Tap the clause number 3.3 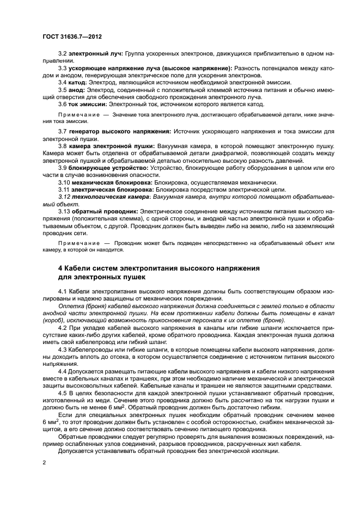[x=63, y=68]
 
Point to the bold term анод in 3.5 [x=77, y=89]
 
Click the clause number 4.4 [x=63, y=371]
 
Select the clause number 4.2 [x=63, y=328]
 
